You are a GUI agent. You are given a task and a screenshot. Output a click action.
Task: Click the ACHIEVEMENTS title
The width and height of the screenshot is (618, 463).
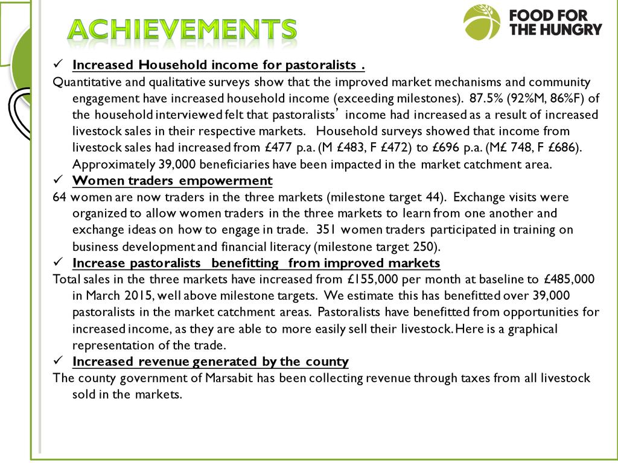pyautogui.click(x=182, y=29)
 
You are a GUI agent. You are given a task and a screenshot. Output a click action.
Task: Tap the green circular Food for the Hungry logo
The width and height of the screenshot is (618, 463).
pyautogui.click(x=482, y=22)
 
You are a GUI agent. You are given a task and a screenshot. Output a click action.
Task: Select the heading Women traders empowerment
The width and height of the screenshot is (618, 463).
pyautogui.click(x=172, y=181)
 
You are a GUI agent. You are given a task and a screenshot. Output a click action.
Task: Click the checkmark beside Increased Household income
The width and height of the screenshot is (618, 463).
pyautogui.click(x=59, y=63)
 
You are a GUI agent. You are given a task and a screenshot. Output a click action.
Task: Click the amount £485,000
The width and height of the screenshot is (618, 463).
pyautogui.click(x=569, y=279)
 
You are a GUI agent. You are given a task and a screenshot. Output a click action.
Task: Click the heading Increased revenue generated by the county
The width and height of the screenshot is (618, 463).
pyautogui.click(x=210, y=362)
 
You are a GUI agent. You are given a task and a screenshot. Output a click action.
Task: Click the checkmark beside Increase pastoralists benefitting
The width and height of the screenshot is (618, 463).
pyautogui.click(x=59, y=262)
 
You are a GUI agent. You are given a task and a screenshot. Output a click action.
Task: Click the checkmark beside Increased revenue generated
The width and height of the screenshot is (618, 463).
pyautogui.click(x=59, y=361)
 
